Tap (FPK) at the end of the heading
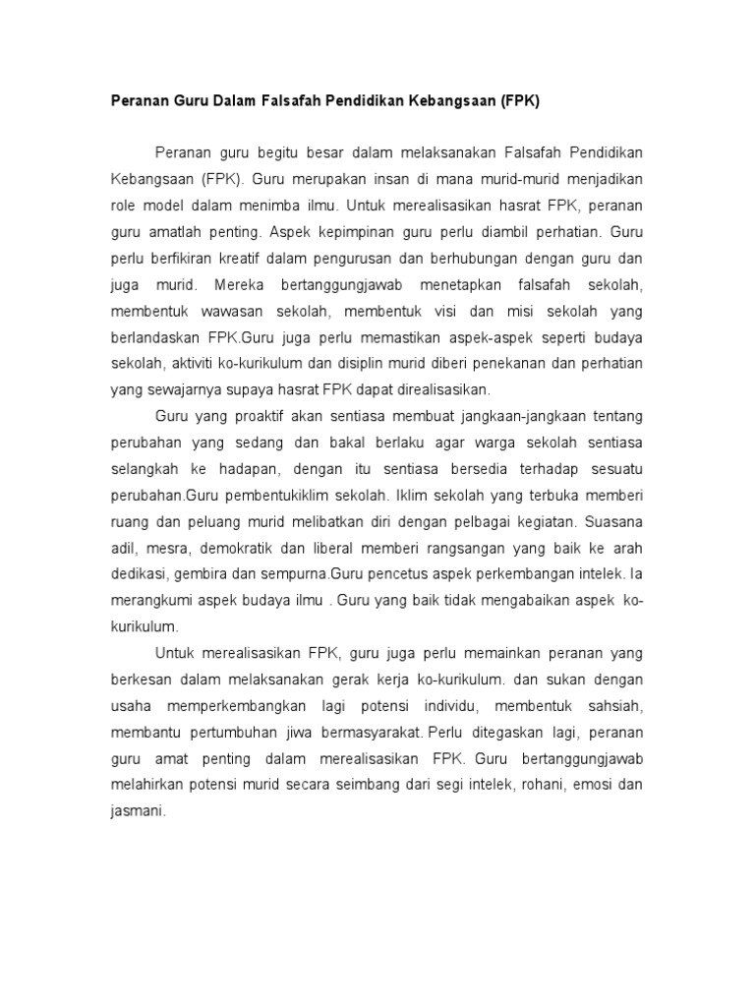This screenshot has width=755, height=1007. click(x=521, y=100)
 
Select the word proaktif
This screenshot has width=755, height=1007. click(x=266, y=417)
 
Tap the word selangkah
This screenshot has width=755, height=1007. click(x=145, y=469)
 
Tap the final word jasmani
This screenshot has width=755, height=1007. click(x=139, y=813)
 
